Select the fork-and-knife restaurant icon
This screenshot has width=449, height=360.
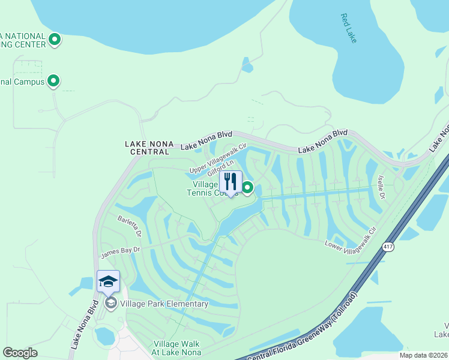pos(231,182)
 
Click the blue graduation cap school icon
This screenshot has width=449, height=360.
pos(108,281)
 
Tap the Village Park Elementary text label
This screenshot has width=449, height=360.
pos(164,304)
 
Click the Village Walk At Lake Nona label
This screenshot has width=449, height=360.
pos(177,349)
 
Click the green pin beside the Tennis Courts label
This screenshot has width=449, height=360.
pos(247,188)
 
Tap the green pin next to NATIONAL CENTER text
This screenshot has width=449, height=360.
pos(55,40)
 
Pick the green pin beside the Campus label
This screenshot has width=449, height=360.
pos(53,80)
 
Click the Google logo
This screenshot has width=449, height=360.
pos(20,352)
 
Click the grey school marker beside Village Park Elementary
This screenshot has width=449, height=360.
pos(110,303)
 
